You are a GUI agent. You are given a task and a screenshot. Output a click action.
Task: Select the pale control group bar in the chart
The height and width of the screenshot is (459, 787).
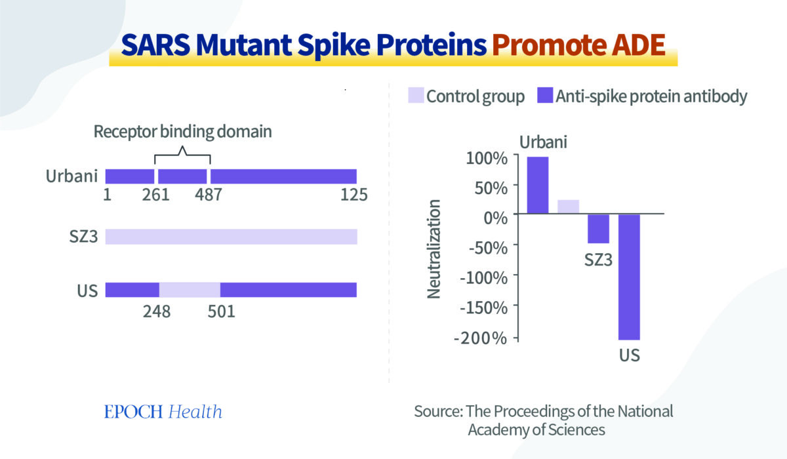tap(568, 207)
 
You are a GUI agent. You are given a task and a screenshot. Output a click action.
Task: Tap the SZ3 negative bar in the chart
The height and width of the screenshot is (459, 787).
tap(598, 229)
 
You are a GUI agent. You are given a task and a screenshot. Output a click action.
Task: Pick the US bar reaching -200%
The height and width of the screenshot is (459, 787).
tap(629, 277)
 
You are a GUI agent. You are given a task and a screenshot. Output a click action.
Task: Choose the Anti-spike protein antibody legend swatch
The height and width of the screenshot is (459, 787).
tap(544, 96)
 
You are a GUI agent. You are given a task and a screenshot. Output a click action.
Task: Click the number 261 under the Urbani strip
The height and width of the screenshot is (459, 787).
tap(156, 195)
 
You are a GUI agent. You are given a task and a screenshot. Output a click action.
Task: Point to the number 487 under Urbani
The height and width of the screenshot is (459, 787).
tap(208, 195)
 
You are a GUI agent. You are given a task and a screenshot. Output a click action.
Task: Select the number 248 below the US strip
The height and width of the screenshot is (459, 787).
tap(157, 311)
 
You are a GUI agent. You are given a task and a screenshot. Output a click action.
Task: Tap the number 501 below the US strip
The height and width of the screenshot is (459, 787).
tap(221, 311)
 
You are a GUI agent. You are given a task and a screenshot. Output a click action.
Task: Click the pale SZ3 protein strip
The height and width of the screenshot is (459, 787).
tap(231, 237)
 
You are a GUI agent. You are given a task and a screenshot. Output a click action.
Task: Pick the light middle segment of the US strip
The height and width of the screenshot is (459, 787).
tap(190, 290)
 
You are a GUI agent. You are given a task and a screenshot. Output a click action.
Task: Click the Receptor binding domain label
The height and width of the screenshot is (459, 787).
tap(182, 131)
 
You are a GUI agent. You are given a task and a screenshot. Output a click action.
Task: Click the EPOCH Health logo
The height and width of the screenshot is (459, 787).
tap(163, 412)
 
